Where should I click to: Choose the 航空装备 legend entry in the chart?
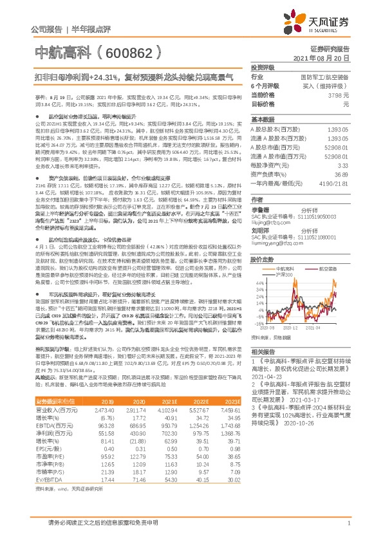coord(333,269)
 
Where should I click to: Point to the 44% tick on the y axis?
coord(257,283)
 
